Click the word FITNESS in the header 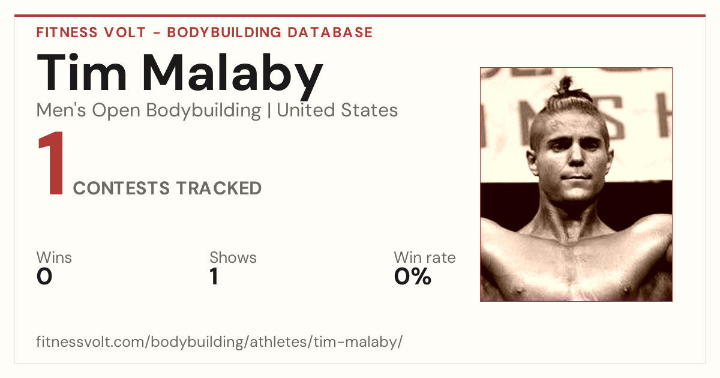67,32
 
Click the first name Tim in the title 82,73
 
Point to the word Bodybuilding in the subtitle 203,111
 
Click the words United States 337,110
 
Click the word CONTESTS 121,188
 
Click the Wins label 54,257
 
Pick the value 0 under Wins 44,277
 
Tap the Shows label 233,257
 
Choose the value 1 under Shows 214,277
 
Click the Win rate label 425,257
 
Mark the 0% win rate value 413,277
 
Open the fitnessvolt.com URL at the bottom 219,341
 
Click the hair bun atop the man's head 565,85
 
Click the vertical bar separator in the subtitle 269,110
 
